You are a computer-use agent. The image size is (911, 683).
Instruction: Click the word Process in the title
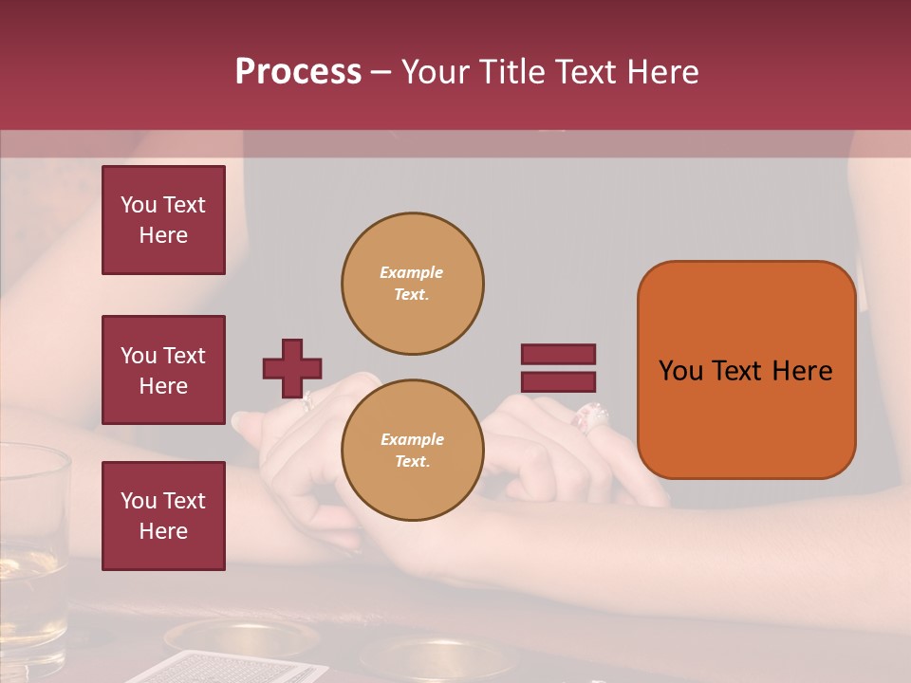click(298, 72)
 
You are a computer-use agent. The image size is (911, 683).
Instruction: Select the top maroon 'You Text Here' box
click(163, 220)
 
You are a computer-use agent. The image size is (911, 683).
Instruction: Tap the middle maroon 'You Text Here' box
click(163, 370)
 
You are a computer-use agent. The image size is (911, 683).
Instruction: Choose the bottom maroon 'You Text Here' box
click(163, 516)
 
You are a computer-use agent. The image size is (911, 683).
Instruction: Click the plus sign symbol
click(292, 368)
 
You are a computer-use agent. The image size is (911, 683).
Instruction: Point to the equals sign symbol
click(558, 368)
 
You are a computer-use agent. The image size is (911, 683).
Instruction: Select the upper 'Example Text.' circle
click(412, 283)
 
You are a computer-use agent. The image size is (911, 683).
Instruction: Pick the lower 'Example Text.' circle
click(412, 451)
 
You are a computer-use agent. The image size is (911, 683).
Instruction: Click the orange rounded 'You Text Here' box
click(746, 370)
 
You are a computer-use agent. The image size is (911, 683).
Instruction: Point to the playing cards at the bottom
click(228, 668)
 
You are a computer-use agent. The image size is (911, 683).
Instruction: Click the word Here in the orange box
click(801, 371)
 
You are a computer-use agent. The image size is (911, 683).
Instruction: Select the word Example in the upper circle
click(412, 272)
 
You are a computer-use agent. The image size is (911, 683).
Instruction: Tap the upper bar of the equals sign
click(558, 354)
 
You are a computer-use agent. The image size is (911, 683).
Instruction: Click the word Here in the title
click(660, 72)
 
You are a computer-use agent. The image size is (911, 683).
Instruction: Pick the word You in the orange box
click(680, 371)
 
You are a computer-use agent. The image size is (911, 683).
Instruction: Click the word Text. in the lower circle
click(412, 462)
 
